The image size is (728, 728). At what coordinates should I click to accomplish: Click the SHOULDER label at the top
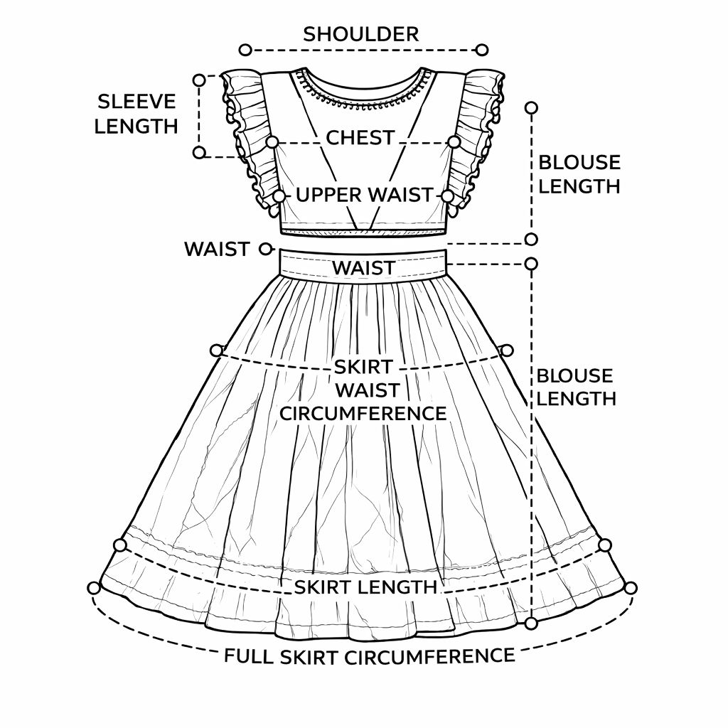tap(361, 33)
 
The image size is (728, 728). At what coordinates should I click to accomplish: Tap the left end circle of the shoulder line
tap(245, 50)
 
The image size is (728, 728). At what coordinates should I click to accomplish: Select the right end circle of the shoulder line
tap(482, 50)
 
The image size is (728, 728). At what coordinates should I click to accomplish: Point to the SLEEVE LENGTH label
tap(136, 114)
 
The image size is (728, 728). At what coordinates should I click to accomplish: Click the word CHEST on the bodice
tap(360, 137)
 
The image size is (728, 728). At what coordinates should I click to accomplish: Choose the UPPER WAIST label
tap(364, 194)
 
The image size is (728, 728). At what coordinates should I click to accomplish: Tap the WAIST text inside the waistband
tap(363, 268)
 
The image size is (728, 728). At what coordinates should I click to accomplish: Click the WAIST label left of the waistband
tap(217, 250)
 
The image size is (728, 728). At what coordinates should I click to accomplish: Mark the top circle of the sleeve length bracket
tap(200, 80)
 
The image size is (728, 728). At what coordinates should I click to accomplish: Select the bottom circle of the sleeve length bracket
tap(199, 152)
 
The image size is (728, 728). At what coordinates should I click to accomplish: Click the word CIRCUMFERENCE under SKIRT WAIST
tap(363, 413)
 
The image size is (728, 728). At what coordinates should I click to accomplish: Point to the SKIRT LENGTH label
tap(365, 587)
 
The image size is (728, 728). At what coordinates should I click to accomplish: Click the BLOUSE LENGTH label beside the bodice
tap(579, 174)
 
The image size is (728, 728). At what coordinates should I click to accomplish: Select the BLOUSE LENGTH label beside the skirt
tap(576, 387)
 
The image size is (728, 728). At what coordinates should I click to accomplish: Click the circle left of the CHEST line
tap(272, 142)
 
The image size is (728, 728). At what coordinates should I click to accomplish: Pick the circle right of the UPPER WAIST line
tap(448, 196)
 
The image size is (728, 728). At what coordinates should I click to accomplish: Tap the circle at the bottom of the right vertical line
tap(532, 623)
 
